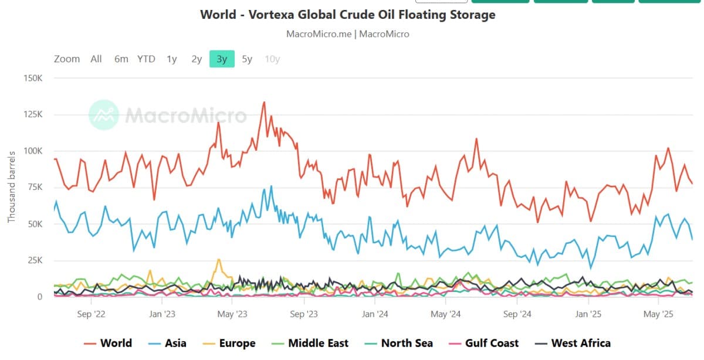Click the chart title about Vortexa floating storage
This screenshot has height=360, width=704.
click(x=348, y=15)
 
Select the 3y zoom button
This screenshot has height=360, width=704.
click(x=222, y=59)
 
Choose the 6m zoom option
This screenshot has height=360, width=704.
click(x=121, y=59)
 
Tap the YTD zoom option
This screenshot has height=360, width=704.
click(x=146, y=59)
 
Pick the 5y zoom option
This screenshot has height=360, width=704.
click(x=247, y=59)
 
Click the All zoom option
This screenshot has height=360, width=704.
click(x=96, y=59)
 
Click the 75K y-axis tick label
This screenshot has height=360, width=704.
click(x=33, y=187)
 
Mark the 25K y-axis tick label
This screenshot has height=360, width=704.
click(x=33, y=260)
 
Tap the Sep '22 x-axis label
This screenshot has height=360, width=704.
click(x=91, y=314)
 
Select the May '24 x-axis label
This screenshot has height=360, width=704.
click(x=446, y=314)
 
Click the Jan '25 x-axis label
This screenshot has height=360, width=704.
click(x=588, y=314)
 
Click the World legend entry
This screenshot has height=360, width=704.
click(x=108, y=344)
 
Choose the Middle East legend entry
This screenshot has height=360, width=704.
click(x=310, y=344)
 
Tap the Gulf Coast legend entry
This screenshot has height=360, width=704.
click(x=483, y=344)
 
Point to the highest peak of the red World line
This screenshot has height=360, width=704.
click(x=264, y=102)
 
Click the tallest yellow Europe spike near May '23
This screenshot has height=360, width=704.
click(x=219, y=259)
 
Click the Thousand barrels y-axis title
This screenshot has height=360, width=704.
click(x=11, y=187)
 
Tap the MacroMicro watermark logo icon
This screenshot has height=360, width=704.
click(x=104, y=114)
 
